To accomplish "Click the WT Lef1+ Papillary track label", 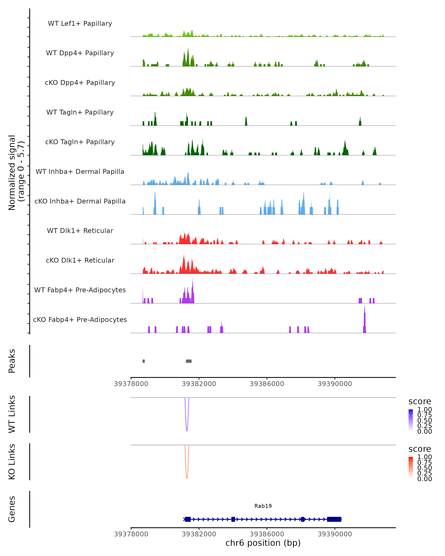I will click(x=80, y=24).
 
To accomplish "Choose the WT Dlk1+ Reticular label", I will click(x=80, y=231).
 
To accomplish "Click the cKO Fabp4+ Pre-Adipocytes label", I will click(x=80, y=320).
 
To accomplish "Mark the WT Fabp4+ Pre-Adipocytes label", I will click(x=80, y=290).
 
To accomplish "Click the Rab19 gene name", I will click(x=263, y=506).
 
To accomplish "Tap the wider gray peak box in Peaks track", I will click(x=189, y=361).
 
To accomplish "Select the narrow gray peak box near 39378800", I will click(x=144, y=361).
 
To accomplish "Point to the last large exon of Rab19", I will click(x=334, y=519).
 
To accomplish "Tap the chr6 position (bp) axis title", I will click(x=263, y=543).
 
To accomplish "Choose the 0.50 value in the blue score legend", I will click(x=424, y=420).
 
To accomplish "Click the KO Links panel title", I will click(x=12, y=462).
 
